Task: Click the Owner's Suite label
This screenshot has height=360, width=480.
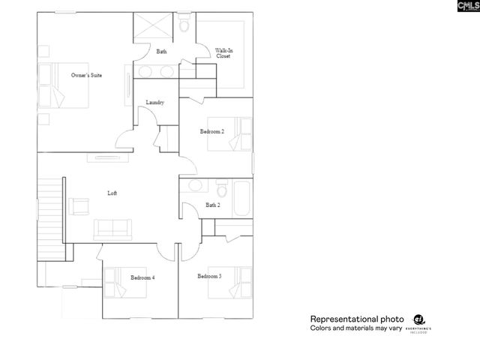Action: tap(86, 75)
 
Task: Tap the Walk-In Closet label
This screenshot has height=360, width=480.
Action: tap(223, 52)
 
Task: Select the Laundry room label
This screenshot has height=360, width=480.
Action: tap(155, 102)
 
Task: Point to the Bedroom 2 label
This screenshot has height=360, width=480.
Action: tap(211, 131)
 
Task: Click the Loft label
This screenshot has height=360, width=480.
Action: tap(112, 193)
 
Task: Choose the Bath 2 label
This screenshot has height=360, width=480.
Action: tap(212, 205)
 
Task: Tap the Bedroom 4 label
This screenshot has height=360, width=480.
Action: tap(142, 277)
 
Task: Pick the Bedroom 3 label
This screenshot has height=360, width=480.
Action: tap(209, 276)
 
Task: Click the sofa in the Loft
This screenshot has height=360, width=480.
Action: tap(112, 228)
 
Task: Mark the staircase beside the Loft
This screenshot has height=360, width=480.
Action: tap(50, 214)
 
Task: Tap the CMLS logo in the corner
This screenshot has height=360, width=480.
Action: tap(466, 8)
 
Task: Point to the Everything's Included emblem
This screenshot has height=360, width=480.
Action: tap(421, 322)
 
